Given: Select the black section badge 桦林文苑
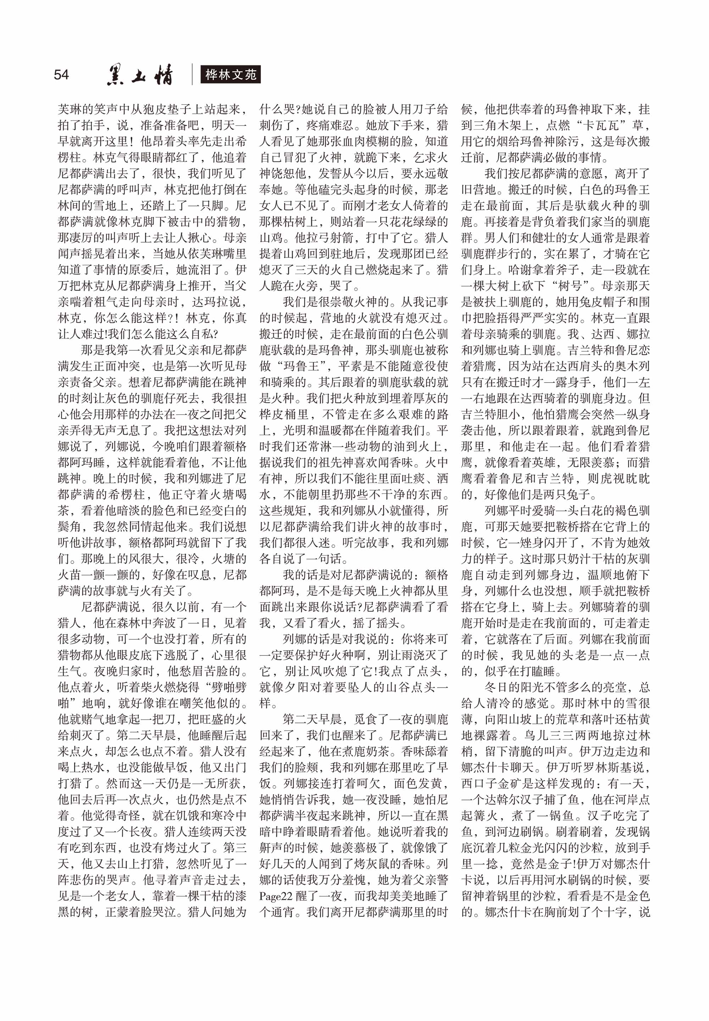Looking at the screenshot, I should coord(230,75).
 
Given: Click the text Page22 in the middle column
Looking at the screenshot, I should coord(276,896).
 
